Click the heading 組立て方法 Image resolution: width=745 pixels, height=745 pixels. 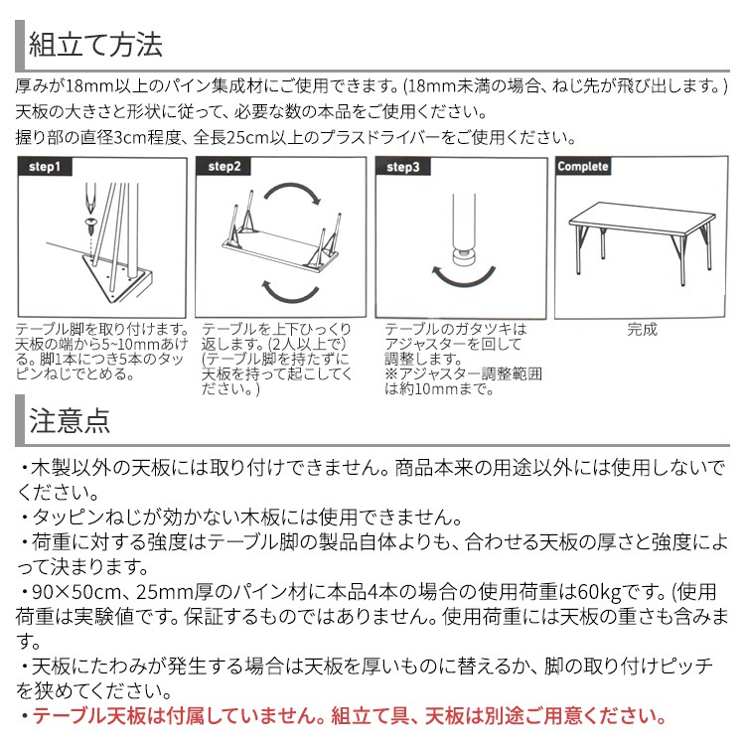coord(95,45)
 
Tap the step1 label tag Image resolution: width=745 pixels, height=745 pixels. coord(46,166)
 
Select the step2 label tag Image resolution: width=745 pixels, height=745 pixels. coord(224,166)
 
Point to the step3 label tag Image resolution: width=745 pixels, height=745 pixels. coord(403,166)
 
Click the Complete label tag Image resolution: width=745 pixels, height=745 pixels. coord(583,166)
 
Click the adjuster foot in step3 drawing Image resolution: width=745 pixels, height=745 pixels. coord(463,261)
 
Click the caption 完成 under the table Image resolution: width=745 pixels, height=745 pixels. coord(642,330)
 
